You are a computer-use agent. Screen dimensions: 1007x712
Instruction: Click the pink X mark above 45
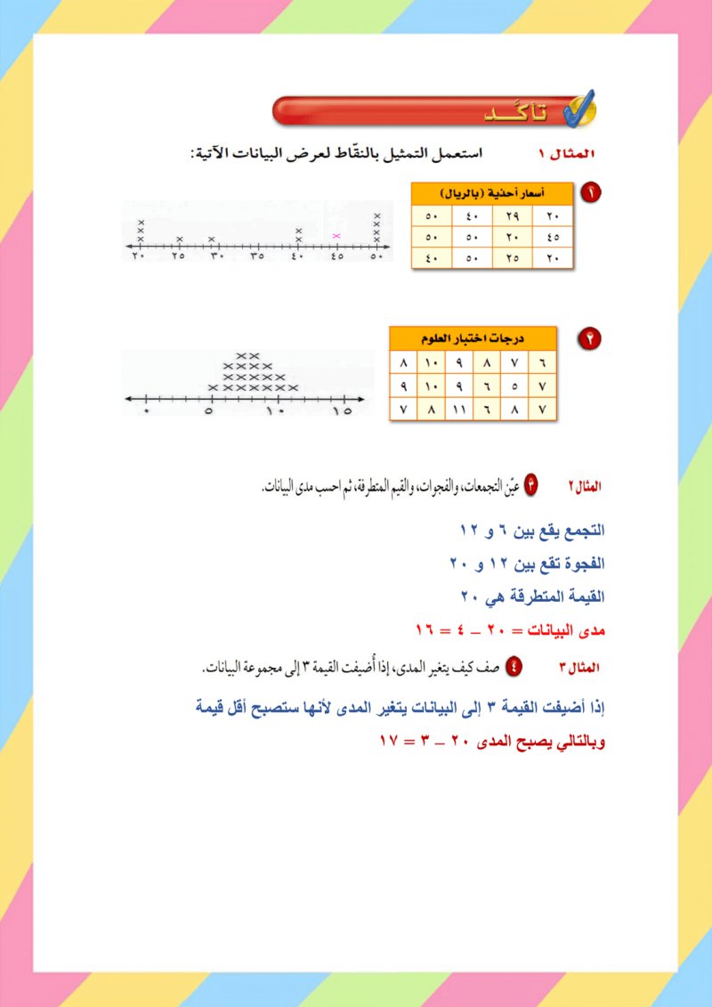(336, 236)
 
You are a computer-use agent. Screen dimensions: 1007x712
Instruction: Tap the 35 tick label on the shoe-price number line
(257, 256)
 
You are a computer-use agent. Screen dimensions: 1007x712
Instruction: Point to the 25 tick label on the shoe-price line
(179, 256)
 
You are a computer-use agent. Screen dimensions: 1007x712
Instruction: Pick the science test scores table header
(473, 338)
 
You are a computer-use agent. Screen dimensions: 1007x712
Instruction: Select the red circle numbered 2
(587, 337)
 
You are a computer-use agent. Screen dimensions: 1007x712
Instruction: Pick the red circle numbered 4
(514, 666)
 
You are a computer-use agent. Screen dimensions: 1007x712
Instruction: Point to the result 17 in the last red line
(389, 741)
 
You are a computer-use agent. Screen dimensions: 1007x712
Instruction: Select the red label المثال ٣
(583, 667)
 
